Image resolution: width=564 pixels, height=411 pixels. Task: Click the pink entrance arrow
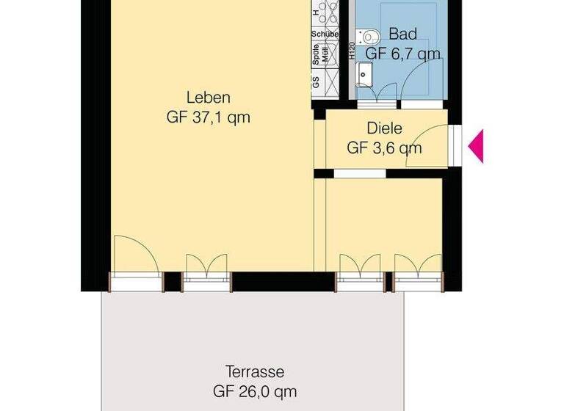(x=477, y=145)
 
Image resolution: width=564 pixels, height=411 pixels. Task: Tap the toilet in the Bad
(x=369, y=36)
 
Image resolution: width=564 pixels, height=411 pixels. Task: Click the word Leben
(x=209, y=98)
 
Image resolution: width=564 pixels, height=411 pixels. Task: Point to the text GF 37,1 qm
(x=209, y=117)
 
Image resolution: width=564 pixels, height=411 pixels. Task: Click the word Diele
(x=384, y=129)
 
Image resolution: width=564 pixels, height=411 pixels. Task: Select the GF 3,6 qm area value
(x=384, y=148)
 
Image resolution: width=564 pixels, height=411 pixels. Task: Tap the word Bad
(x=403, y=34)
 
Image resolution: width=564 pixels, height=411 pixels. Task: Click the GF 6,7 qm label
(x=403, y=53)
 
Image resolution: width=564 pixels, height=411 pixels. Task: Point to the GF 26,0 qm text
(x=255, y=391)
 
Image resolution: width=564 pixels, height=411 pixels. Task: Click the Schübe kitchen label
(x=324, y=34)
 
